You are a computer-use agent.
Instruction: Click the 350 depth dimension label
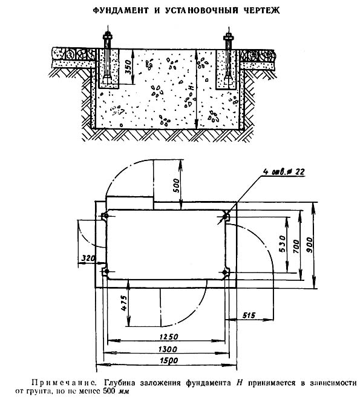[129, 67]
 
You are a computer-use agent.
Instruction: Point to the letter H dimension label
[192, 88]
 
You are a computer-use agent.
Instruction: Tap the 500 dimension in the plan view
[175, 185]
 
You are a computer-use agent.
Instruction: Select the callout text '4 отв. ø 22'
[284, 172]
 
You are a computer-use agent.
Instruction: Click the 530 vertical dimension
[282, 244]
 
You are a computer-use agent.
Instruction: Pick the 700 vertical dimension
[296, 246]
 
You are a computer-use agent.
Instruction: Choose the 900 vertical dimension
[310, 245]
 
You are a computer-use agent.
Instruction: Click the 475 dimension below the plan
[124, 303]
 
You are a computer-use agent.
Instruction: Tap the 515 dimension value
[249, 315]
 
